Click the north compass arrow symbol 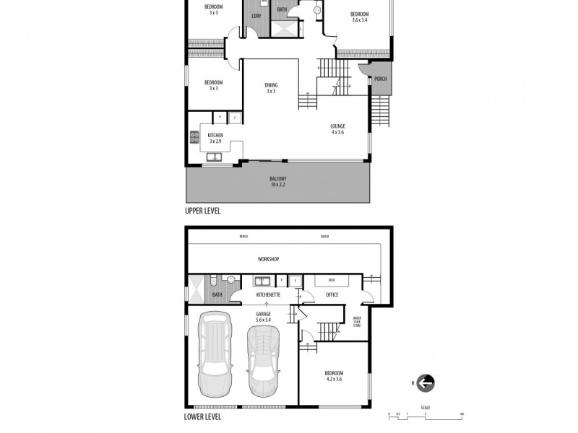tap(426, 383)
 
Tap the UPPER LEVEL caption tap(203, 211)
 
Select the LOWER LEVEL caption tap(203, 416)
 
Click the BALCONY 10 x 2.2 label tap(278, 181)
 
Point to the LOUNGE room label tap(338, 128)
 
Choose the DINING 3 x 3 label tap(271, 88)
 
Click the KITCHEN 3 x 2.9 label tap(215, 138)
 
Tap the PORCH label tap(380, 79)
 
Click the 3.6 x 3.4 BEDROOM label tap(360, 17)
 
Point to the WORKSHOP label tap(269, 259)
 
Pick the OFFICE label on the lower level tap(332, 294)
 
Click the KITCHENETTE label tap(268, 294)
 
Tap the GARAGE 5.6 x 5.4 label tap(263, 316)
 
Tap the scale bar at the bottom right tap(425, 414)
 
